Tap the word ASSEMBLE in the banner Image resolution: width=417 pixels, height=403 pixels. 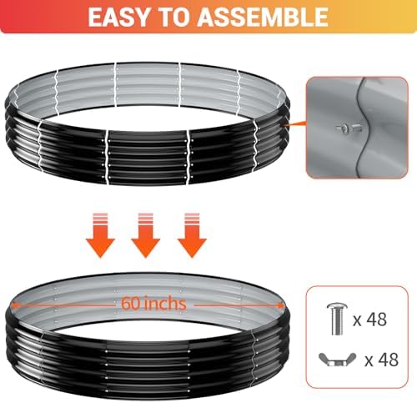(263, 18)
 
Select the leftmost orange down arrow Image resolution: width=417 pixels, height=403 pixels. (100, 235)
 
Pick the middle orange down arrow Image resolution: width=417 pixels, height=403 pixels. (146, 235)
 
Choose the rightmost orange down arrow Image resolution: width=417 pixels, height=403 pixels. (192, 235)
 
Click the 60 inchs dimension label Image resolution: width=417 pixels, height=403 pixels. (153, 303)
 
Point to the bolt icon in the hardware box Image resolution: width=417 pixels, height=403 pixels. (337, 320)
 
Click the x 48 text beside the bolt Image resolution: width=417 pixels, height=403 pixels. (370, 320)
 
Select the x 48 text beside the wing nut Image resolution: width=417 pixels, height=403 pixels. (382, 360)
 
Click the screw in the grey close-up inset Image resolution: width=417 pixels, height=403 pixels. (349, 128)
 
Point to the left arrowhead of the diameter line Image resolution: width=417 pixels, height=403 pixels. (14, 305)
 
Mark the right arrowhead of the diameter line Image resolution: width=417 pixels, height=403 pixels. (281, 305)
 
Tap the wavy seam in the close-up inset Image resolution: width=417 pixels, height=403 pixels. (363, 128)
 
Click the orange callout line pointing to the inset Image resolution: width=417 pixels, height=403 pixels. (294, 123)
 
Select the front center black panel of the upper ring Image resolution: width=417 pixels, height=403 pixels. (148, 156)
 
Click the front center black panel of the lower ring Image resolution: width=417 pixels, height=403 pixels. (148, 367)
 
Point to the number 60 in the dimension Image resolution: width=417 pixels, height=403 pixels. (130, 304)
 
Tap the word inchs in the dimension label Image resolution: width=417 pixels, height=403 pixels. (165, 303)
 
